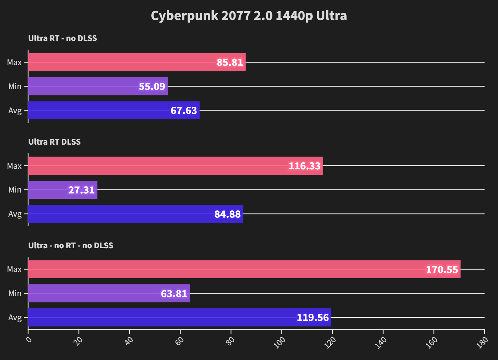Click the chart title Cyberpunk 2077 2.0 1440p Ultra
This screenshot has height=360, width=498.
(249, 16)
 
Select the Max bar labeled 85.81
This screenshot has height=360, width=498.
(137, 62)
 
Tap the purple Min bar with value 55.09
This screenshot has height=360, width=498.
(98, 86)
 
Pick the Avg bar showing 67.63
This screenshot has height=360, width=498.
(114, 111)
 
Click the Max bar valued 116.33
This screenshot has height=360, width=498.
(175, 166)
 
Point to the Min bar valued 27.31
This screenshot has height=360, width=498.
(63, 190)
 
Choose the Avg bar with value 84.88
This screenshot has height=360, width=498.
(135, 214)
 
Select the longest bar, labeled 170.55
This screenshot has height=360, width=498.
(244, 269)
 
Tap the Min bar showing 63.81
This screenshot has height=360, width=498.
(109, 293)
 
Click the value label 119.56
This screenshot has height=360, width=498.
(313, 317)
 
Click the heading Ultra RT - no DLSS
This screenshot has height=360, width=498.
(63, 38)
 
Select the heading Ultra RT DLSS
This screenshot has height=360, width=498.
(54, 142)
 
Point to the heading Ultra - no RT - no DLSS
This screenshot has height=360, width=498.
(71, 245)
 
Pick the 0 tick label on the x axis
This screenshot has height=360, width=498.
(29, 340)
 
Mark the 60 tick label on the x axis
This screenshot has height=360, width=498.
(180, 341)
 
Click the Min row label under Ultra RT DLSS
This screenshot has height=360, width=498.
(15, 190)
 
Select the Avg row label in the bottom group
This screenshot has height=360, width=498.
(15, 317)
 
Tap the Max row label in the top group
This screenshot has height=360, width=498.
(14, 62)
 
